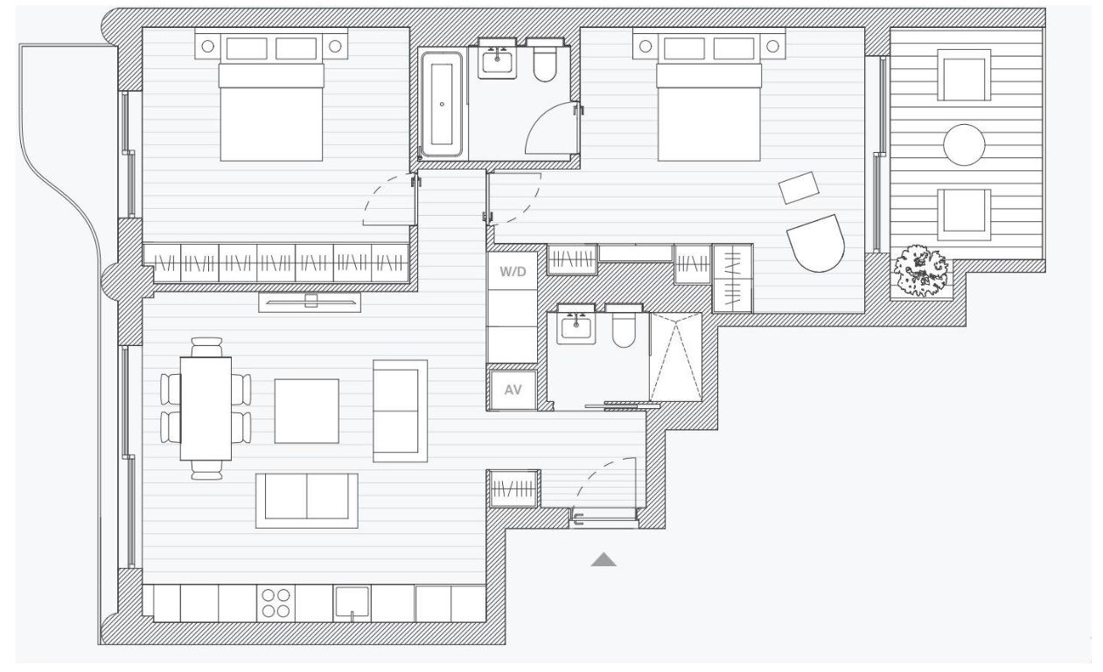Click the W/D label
point(513,272)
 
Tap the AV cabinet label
point(513,390)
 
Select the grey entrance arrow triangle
point(604,559)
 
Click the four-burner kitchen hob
point(276,603)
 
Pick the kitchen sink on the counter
point(352,604)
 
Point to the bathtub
point(442,104)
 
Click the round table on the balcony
point(964,145)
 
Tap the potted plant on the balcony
point(921,271)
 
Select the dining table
point(206,409)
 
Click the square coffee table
point(307,412)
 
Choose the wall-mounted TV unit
point(310,302)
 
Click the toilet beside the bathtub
point(545,60)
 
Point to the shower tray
point(676,357)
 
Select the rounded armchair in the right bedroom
point(816,243)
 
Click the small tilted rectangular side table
point(799,187)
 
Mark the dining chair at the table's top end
point(206,346)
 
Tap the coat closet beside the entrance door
point(513,489)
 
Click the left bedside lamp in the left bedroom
point(208,46)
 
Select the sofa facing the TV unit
point(307,501)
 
